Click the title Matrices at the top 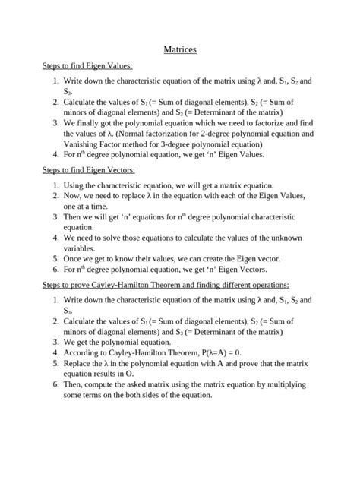(x=180, y=49)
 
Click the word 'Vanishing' (x=84, y=144)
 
